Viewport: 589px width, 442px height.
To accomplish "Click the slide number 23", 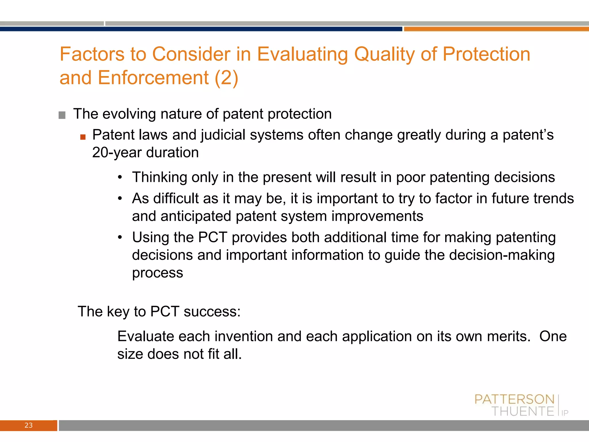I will click(x=28, y=425).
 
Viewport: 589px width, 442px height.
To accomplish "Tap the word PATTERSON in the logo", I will click(x=514, y=399).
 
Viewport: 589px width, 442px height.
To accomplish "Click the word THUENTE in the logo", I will click(x=523, y=411).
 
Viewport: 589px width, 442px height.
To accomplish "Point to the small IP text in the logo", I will click(x=565, y=413).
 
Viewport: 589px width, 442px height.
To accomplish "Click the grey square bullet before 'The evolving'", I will click(x=62, y=115).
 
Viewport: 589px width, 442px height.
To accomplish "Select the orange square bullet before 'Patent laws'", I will click(x=83, y=137).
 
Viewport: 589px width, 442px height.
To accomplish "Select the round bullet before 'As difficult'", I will click(x=120, y=199).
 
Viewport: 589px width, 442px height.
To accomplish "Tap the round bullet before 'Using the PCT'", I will click(x=120, y=237).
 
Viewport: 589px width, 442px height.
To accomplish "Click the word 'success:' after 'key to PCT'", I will click(x=212, y=312).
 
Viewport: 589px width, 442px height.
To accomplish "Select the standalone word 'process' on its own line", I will click(x=157, y=273).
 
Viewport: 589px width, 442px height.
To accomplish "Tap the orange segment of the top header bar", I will click(x=496, y=29).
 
